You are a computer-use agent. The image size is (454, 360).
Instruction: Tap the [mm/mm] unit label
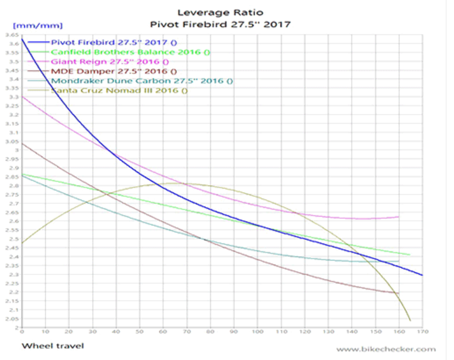point(37,26)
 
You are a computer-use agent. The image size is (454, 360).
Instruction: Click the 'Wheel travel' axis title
point(53,345)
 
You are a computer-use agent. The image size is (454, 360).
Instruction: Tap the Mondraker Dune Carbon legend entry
point(141,81)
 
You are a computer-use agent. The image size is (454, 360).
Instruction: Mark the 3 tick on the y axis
point(15,150)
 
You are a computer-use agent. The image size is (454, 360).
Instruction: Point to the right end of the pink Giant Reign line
point(398,217)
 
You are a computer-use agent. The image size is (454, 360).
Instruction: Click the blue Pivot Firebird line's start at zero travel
point(22,40)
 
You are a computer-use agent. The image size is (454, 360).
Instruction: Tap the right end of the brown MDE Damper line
point(398,294)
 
